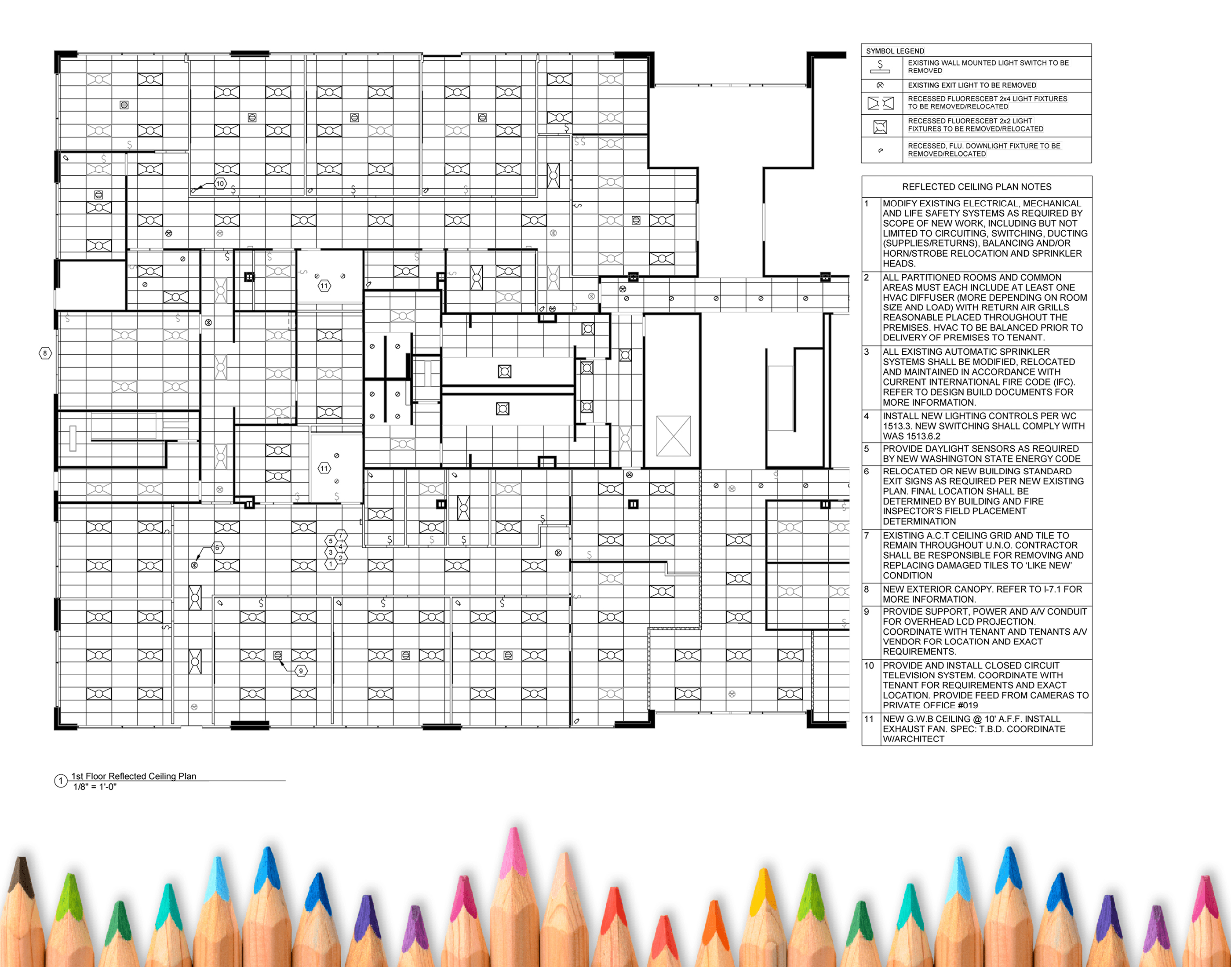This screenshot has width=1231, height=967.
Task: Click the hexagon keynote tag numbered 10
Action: (220, 183)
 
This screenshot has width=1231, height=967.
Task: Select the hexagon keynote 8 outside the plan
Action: (45, 353)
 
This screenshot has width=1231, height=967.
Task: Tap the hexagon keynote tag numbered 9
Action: (301, 670)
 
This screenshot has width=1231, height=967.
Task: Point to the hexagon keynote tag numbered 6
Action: (218, 548)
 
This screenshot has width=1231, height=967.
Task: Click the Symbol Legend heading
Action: (895, 51)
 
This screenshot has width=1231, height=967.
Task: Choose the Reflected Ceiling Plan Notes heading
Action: (977, 187)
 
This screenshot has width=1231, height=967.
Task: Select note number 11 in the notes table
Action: (869, 719)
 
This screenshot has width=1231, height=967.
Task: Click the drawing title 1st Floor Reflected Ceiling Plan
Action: (134, 776)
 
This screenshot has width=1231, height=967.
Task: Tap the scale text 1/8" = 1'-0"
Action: (95, 787)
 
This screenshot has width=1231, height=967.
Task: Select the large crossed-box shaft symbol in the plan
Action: (673, 436)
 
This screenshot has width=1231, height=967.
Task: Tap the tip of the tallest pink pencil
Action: (514, 828)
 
